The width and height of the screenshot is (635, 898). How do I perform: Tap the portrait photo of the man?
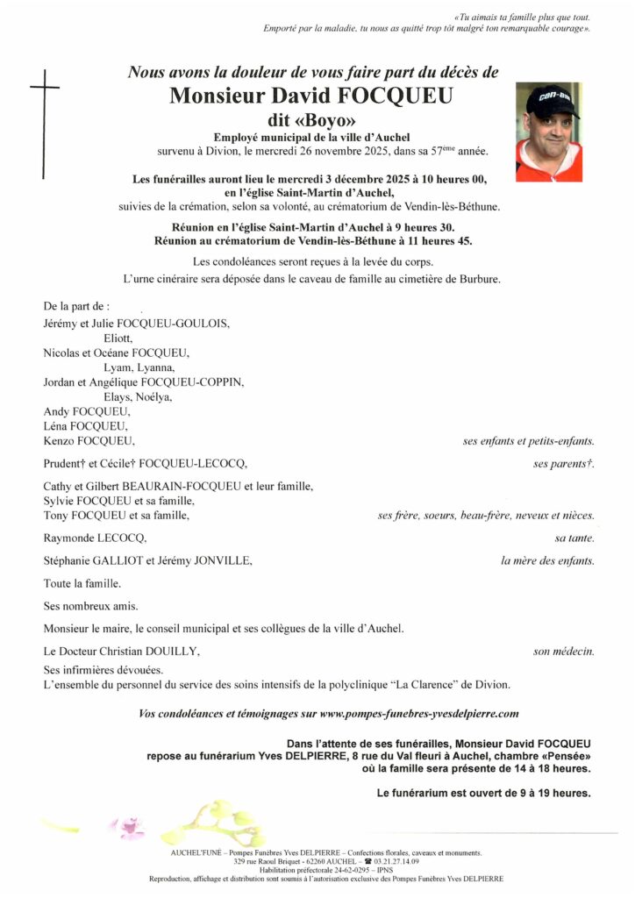548,132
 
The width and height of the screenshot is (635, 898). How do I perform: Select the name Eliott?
118,338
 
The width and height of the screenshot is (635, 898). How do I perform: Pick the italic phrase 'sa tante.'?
574,537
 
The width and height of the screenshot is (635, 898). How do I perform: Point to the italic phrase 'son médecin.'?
564,652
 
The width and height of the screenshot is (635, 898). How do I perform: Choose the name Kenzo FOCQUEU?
89,440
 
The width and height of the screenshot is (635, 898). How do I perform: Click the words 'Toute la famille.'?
82,583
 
